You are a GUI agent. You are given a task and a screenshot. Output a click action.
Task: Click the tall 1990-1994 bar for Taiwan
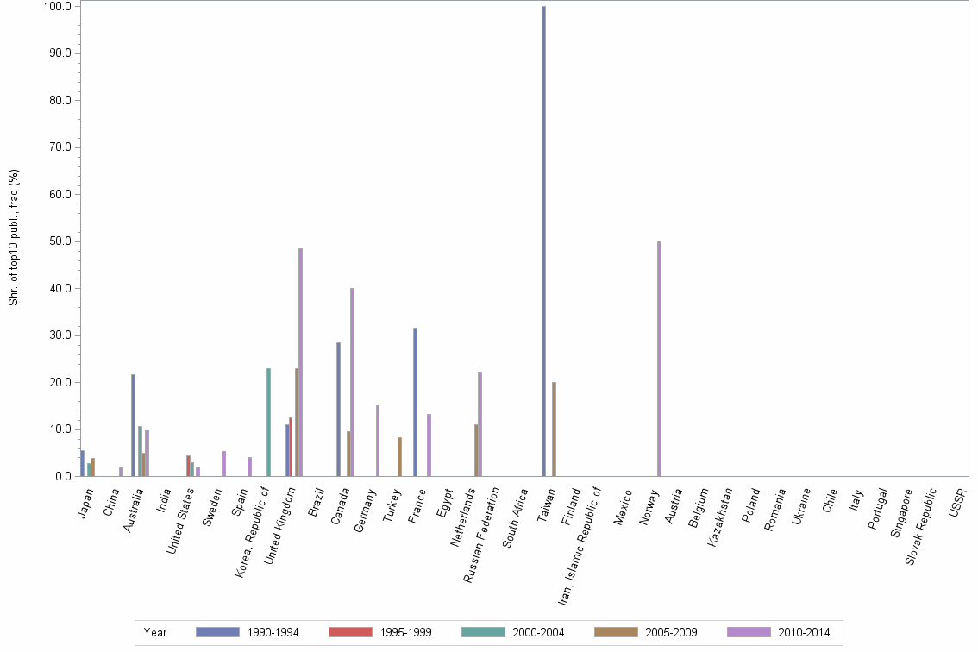click(x=543, y=241)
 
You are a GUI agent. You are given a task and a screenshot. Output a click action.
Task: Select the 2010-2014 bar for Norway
click(x=659, y=359)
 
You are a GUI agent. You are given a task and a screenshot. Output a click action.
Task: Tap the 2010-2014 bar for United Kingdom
click(x=300, y=362)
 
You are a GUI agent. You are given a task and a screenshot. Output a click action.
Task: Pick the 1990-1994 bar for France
click(x=415, y=402)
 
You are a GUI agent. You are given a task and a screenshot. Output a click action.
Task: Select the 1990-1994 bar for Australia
click(x=133, y=425)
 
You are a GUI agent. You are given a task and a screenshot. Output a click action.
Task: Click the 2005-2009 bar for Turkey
click(x=399, y=457)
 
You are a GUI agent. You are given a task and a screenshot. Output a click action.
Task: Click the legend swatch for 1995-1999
click(x=350, y=632)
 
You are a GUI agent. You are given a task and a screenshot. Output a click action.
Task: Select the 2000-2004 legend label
click(x=538, y=633)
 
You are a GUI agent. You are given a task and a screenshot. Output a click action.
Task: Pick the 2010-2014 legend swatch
click(x=749, y=632)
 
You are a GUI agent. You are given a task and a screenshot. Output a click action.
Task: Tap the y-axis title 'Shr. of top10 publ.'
click(x=13, y=237)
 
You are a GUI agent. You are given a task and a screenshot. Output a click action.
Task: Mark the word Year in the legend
click(x=155, y=633)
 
